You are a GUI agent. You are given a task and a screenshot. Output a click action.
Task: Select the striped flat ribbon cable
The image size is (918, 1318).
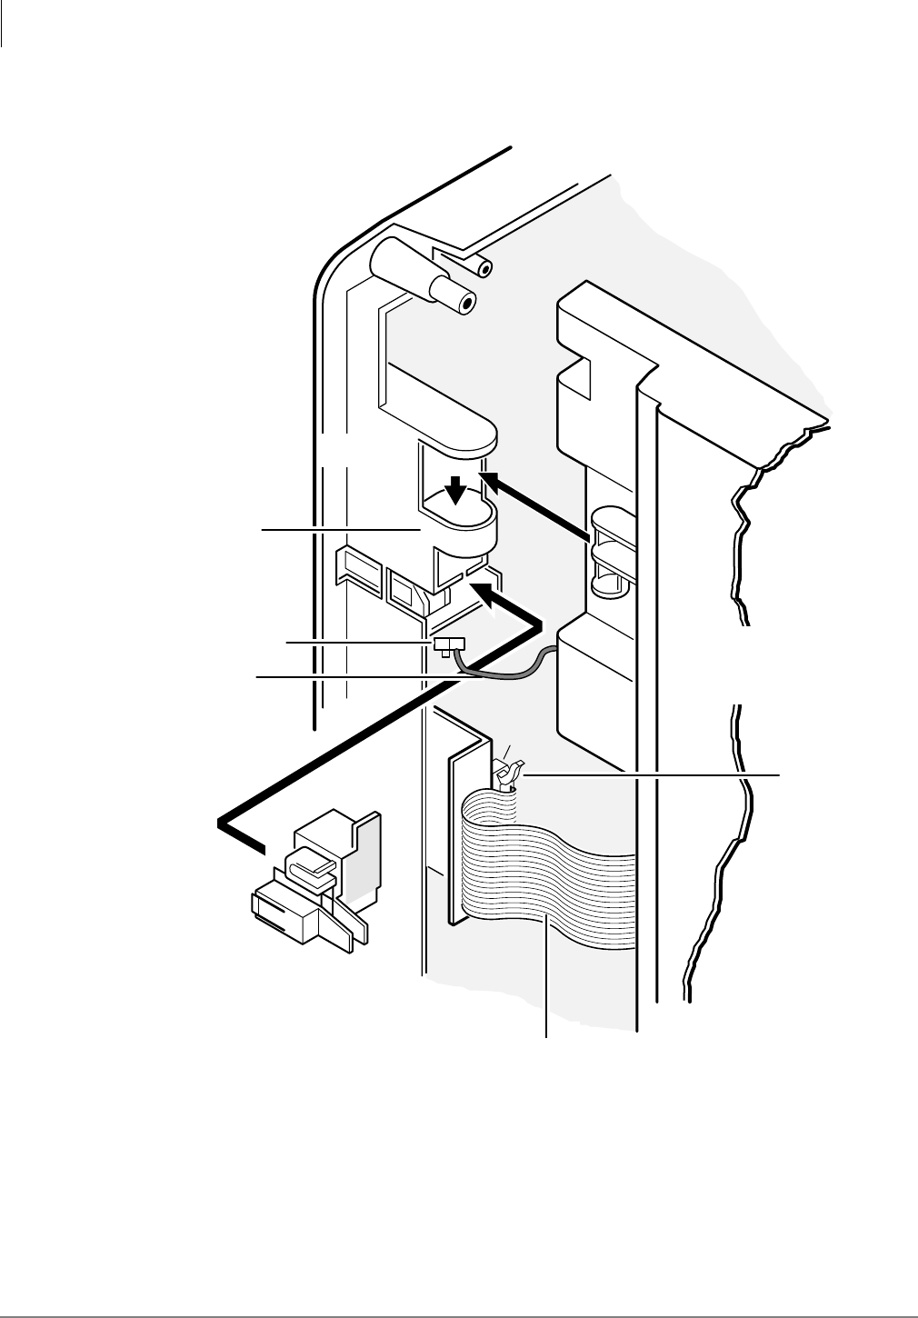(x=545, y=873)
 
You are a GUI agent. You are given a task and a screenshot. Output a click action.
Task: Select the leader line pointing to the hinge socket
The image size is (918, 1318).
(x=336, y=526)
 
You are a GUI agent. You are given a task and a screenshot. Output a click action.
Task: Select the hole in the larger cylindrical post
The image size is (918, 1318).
(x=467, y=305)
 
